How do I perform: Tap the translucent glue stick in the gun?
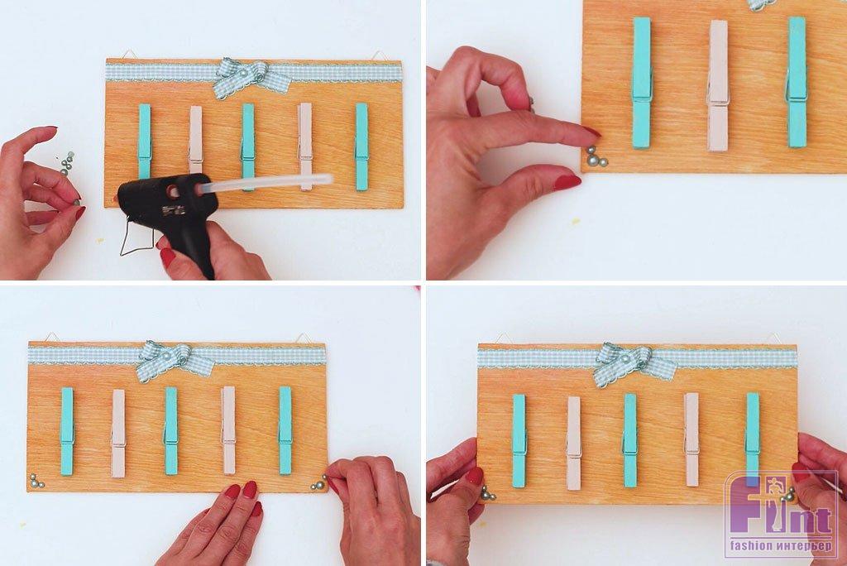(x=266, y=183)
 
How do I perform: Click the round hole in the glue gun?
(x=174, y=191)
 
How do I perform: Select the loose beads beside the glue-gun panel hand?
(x=66, y=164)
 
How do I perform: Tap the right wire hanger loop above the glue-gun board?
(x=380, y=55)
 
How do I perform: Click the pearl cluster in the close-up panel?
(x=596, y=157)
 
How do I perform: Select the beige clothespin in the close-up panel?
(x=718, y=85)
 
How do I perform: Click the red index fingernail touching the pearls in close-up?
(x=592, y=132)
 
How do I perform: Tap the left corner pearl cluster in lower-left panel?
(x=36, y=482)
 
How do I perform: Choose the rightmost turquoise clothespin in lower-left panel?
(x=285, y=430)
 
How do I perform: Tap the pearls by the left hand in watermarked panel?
(x=487, y=493)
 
